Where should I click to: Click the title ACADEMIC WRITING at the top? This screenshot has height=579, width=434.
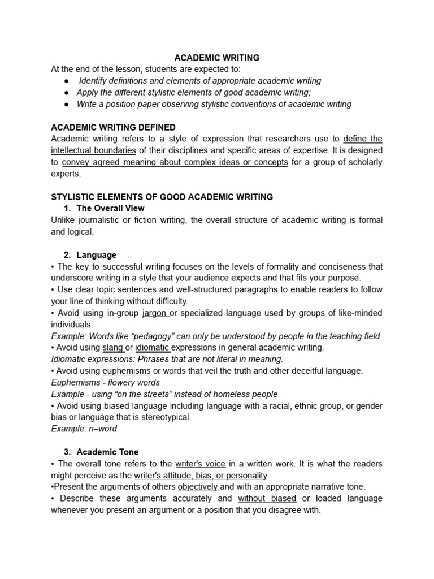pos(216,58)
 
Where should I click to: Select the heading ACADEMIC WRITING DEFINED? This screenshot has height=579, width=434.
pos(113,127)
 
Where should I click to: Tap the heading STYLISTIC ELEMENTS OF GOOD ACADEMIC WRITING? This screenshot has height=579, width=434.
pos(162,197)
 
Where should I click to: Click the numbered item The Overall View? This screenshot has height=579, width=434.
pos(110,208)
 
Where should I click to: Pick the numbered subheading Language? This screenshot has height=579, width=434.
pos(97,255)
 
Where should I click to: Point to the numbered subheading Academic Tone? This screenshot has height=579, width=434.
pos(107,452)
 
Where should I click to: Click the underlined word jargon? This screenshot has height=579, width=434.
pos(155,313)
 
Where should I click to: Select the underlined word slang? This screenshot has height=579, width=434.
pos(112,347)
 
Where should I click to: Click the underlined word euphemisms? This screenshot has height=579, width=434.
pos(126,371)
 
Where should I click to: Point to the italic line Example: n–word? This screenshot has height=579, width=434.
pos(84,429)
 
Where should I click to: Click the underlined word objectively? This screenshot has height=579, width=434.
pos(198,486)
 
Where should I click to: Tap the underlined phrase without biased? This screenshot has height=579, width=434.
pos(267,498)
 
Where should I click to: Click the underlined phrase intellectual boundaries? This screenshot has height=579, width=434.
pos(93,150)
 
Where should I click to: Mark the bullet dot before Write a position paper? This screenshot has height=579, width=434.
pos(66,104)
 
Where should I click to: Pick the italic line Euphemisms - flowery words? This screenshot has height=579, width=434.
pos(105,382)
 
